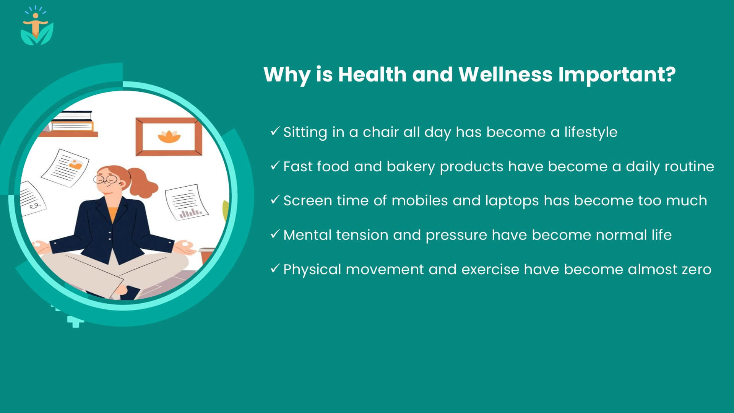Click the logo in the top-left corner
click(37, 26)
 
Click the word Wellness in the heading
click(505, 74)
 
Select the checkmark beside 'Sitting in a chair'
click(275, 131)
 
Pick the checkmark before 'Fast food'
click(275, 166)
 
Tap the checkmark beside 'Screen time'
click(275, 200)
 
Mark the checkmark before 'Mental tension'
click(275, 234)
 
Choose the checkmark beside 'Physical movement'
click(275, 268)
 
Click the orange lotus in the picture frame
click(169, 137)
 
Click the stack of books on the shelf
click(71, 121)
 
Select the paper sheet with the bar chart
click(186, 202)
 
